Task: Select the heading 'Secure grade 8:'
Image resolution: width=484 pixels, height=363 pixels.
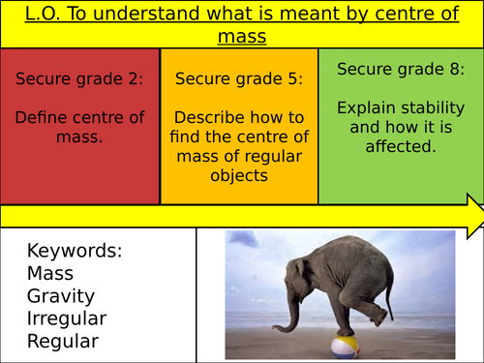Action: [399, 70]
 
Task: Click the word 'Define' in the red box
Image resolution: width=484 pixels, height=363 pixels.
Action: [45, 117]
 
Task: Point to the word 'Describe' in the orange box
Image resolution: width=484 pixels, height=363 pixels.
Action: [211, 118]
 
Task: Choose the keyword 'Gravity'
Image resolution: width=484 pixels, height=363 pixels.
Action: [59, 295]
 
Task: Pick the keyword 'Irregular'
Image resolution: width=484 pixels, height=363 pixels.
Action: [67, 318]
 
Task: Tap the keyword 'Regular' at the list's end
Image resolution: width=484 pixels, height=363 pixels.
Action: [62, 341]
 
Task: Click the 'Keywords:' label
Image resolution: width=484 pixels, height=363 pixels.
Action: [75, 251]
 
